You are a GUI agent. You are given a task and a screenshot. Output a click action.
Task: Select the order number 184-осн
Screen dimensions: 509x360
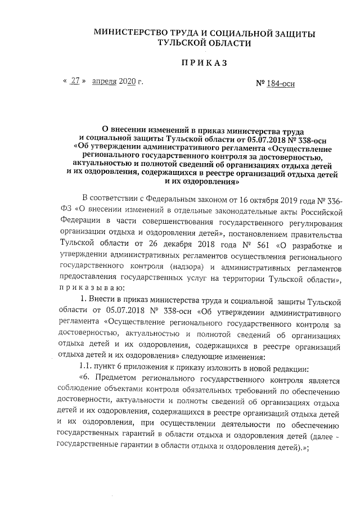point(280,84)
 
